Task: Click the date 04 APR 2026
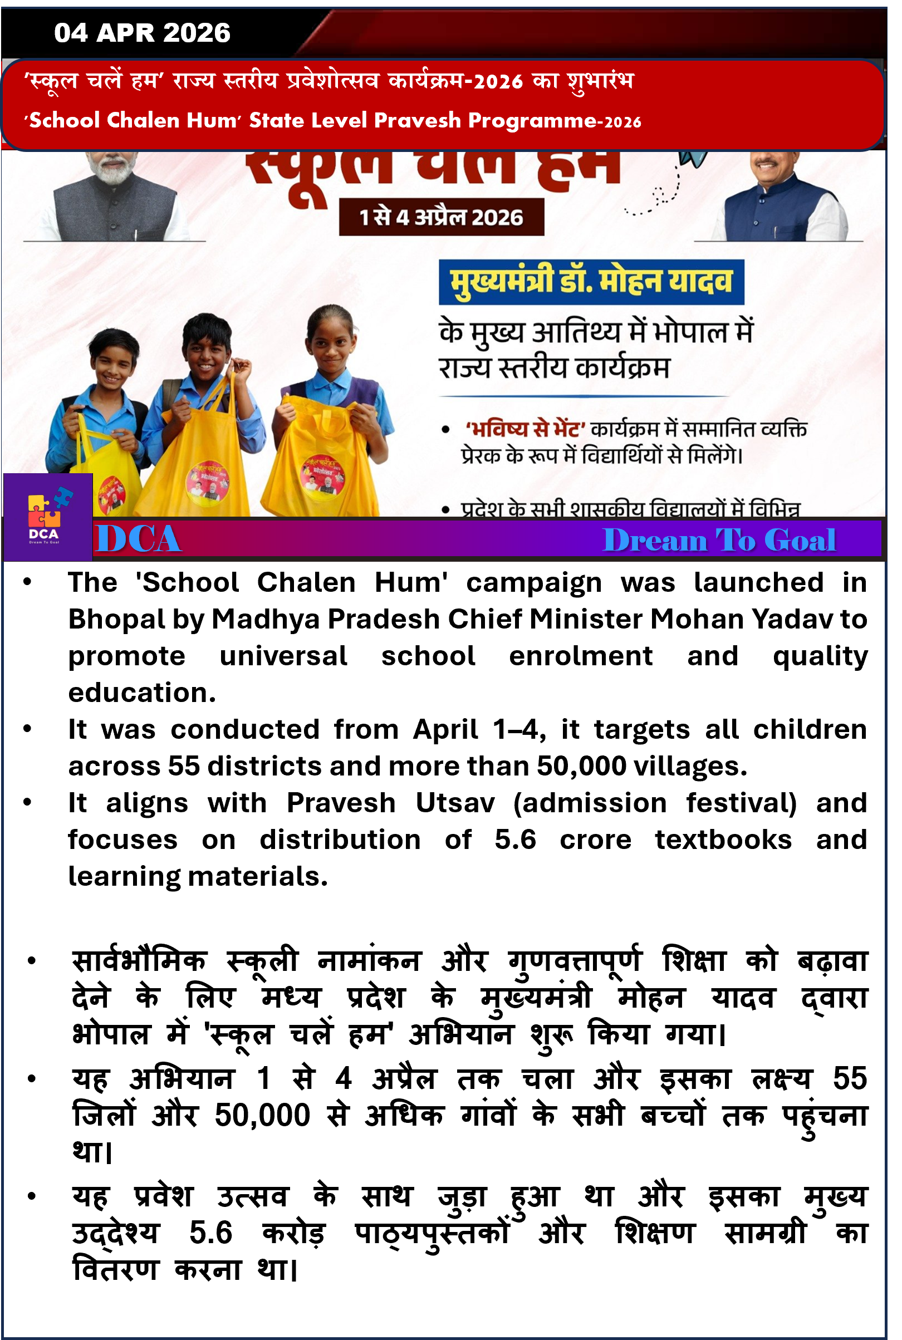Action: (142, 33)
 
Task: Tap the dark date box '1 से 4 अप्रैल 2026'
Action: (441, 217)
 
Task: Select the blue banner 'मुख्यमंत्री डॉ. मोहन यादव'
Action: (591, 282)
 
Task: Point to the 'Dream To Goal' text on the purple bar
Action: (719, 541)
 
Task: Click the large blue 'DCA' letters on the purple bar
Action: (139, 539)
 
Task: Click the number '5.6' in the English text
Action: (515, 840)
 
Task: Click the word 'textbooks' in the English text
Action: (723, 840)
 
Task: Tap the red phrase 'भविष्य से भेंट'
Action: (525, 430)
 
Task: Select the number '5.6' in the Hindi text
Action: (210, 1233)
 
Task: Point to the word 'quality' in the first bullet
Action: (820, 656)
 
